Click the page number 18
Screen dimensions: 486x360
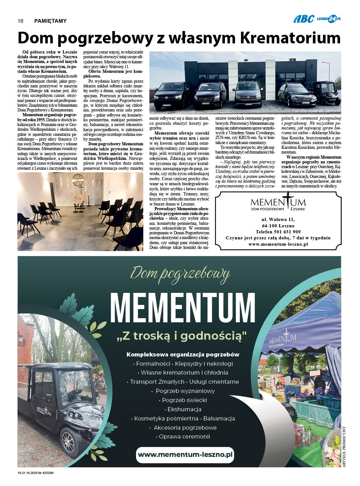click(x=20, y=21)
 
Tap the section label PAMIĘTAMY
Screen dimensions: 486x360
click(x=50, y=21)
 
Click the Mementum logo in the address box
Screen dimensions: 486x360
click(x=278, y=203)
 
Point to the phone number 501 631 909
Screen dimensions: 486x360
click(x=278, y=232)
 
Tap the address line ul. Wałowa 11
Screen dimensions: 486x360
click(x=278, y=219)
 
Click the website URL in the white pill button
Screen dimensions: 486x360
click(x=185, y=454)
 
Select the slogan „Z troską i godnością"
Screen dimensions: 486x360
click(x=182, y=336)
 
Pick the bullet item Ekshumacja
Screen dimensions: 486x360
click(x=184, y=409)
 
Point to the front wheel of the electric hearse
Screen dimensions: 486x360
click(x=70, y=439)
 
